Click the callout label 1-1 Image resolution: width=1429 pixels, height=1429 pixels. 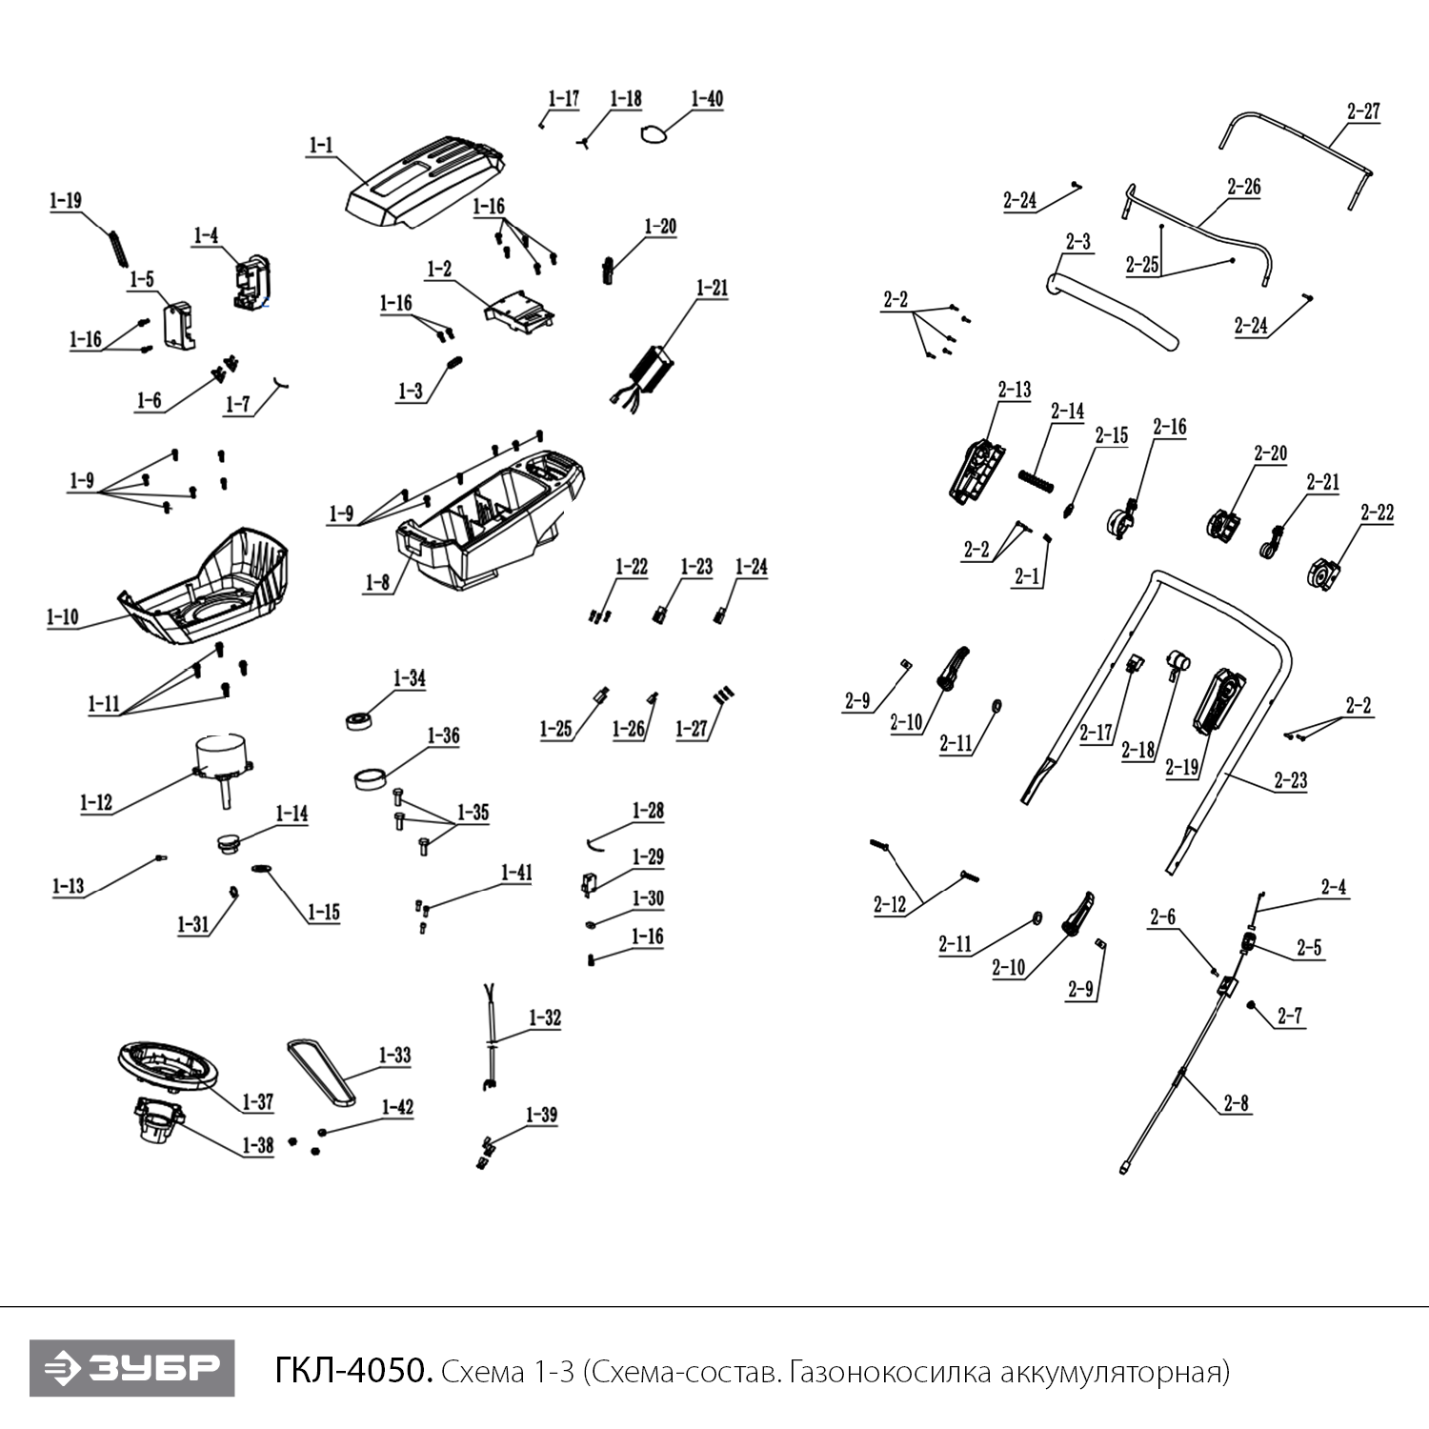pos(321,147)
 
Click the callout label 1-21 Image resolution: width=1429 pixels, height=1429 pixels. pos(713,288)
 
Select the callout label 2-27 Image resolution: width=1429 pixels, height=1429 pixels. pos(1363,111)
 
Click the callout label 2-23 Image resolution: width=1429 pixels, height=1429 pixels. pos(1291,781)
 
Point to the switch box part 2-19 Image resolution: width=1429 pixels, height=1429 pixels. pos(1218,703)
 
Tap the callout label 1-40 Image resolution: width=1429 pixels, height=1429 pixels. pos(707,99)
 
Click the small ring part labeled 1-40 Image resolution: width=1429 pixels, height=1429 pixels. pos(652,135)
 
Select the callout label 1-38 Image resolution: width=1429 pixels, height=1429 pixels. pos(258,1145)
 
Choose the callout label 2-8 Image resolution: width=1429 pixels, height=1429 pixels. pos(1236,1104)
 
